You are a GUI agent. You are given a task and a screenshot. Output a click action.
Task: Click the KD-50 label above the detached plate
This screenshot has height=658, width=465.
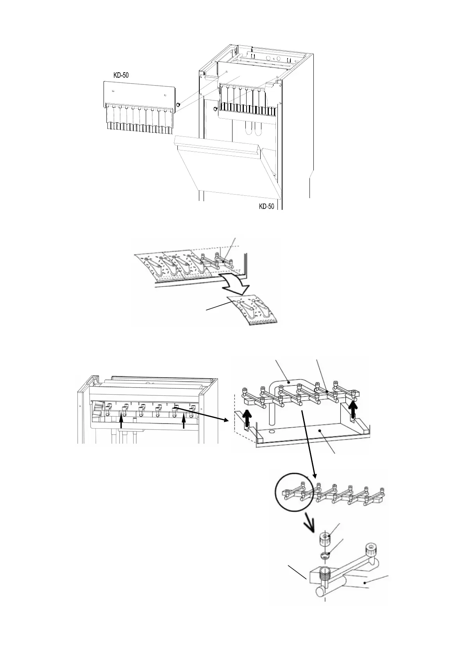pos(121,75)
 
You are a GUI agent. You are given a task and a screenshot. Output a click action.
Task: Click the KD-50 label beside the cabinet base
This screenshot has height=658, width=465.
pos(266,206)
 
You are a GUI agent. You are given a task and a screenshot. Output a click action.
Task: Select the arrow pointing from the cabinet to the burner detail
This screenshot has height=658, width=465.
pos(201,414)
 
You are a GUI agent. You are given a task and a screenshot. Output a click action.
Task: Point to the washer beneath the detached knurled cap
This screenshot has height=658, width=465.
pos(325,556)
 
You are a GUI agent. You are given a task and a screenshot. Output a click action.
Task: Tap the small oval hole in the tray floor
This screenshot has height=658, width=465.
pos(271,433)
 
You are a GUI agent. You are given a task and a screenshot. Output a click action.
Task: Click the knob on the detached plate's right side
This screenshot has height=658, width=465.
pos(178,104)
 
